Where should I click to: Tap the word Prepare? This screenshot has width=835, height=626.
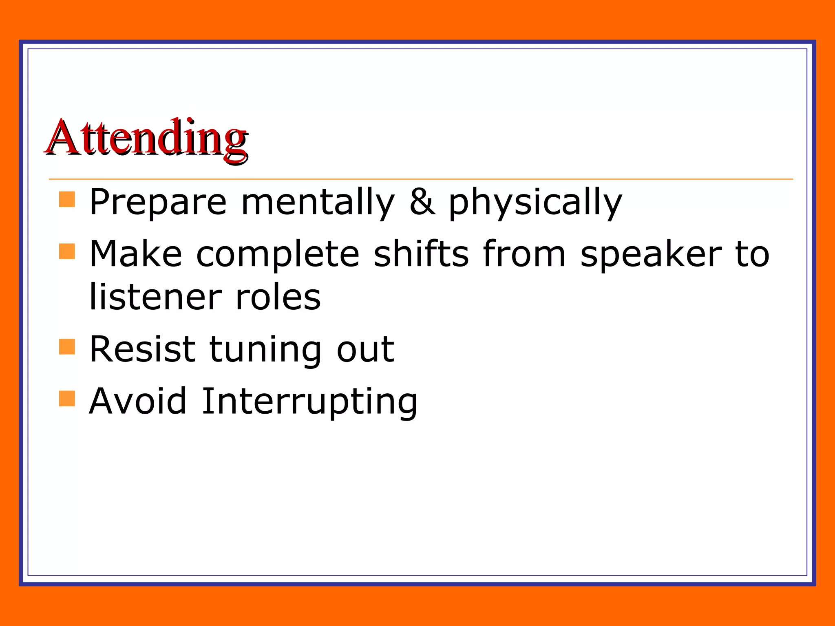coord(158,202)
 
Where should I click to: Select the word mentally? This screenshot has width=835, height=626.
coord(318,202)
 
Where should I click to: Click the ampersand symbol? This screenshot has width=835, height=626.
coord(422,202)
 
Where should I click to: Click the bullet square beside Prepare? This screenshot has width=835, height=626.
coord(67,200)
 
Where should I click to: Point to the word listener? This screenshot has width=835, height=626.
coord(155,297)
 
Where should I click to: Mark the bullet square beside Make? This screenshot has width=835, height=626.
coord(67,251)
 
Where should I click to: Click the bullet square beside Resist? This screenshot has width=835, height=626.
coord(67,347)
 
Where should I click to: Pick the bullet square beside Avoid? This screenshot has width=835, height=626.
coord(67,399)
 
